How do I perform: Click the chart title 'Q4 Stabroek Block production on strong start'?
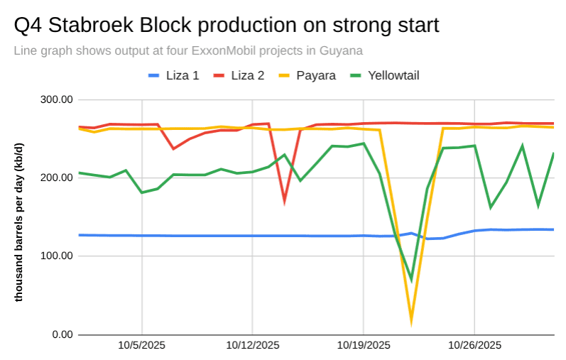coord(227,26)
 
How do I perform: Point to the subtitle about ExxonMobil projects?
coord(188,51)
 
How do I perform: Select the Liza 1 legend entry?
coord(173,75)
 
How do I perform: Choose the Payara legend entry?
coord(306,75)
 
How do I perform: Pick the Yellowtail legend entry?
coord(383,75)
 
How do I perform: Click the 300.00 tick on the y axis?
coord(57,100)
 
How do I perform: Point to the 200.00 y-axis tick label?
coord(57,178)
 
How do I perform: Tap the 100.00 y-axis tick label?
coord(57,256)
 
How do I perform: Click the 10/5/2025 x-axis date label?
coord(142,346)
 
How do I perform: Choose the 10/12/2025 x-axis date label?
coord(253,346)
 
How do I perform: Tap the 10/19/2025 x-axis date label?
coord(364,346)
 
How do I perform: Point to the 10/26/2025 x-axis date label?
coord(474,346)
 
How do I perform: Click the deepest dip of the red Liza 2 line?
coord(284,201)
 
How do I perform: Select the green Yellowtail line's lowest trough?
coord(411,279)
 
